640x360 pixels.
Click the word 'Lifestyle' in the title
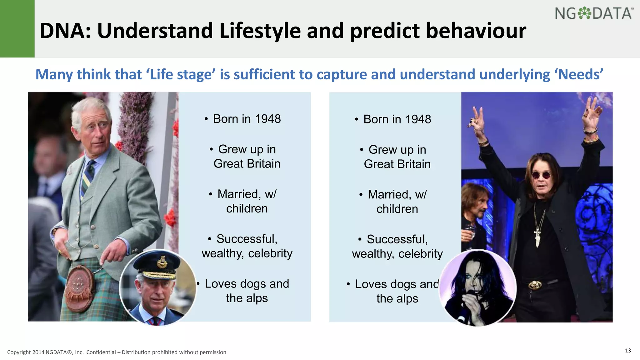[260, 31]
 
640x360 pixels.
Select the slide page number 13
[628, 350]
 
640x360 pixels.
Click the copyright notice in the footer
[117, 352]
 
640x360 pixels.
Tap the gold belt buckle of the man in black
[535, 285]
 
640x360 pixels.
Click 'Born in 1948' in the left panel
[247, 119]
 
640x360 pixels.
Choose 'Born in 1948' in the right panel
[397, 119]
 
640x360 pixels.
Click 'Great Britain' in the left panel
[247, 164]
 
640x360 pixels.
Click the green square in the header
[17, 29]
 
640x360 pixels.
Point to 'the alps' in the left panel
[247, 298]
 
